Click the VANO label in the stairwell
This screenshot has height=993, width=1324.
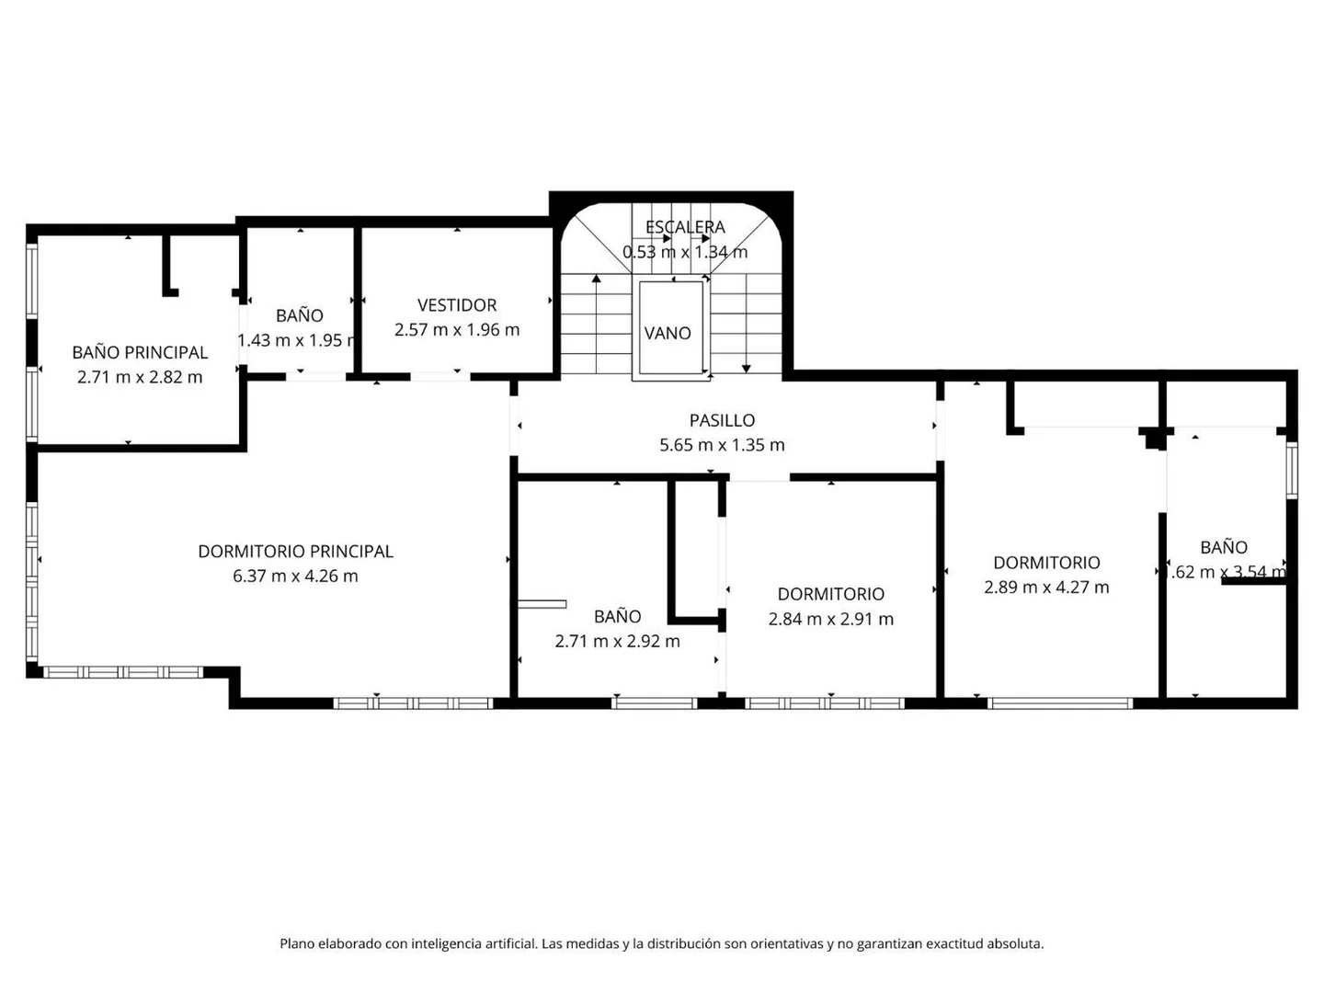click(668, 333)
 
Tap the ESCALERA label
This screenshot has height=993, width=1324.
click(685, 227)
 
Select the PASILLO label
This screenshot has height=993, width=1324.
click(722, 420)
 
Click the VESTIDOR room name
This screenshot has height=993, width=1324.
click(457, 305)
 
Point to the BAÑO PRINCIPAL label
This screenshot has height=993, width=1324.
click(140, 352)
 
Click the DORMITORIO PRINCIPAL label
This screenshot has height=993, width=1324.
click(295, 552)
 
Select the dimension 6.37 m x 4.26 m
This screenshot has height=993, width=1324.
click(295, 576)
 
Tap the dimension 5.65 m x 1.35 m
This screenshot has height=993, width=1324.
click(722, 445)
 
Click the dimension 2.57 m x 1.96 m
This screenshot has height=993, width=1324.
click(457, 329)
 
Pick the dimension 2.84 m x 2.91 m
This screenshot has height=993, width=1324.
click(830, 619)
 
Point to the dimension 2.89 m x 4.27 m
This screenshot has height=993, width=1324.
click(1046, 587)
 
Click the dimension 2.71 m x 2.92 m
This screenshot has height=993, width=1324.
click(617, 641)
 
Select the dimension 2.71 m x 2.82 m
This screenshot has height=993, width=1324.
click(140, 377)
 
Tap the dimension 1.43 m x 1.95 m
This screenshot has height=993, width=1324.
click(297, 340)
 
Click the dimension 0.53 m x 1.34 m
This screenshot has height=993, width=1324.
click(685, 252)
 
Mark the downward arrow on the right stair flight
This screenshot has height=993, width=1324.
click(747, 367)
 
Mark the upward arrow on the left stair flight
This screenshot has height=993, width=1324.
click(597, 278)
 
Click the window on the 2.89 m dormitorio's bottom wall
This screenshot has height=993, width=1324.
click(1059, 703)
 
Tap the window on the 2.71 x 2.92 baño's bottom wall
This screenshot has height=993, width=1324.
click(655, 703)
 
